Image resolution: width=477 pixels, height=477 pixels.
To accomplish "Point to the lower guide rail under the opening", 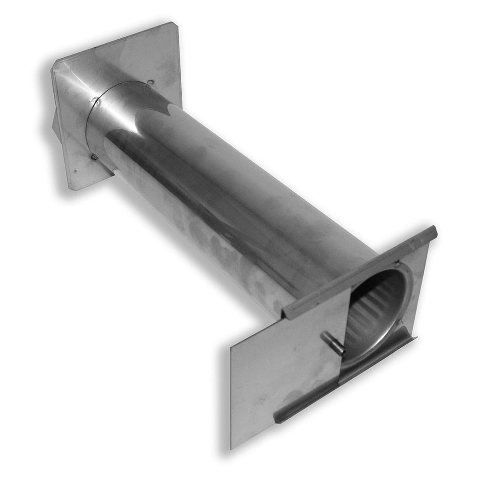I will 348,382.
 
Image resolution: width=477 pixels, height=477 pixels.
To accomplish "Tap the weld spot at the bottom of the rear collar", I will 94,156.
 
